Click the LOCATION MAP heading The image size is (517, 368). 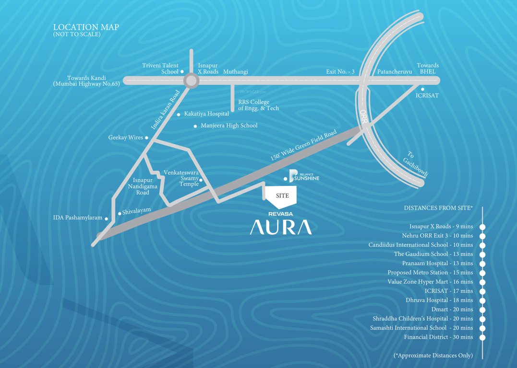coord(86,28)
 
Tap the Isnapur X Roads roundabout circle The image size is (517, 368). coord(191,80)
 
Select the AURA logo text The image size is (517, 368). coord(280,227)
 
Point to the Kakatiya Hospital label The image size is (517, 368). coord(206,114)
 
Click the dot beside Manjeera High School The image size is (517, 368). coord(195,126)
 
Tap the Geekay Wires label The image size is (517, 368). coord(126,138)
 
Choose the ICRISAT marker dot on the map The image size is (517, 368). coord(422,89)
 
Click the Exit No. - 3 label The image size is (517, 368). coord(340,72)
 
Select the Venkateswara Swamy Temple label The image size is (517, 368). coord(181,178)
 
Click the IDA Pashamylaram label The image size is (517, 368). coord(77,218)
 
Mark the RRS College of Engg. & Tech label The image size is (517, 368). coord(258,105)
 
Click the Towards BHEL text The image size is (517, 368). coord(427,69)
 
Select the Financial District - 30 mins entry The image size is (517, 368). coord(438,337)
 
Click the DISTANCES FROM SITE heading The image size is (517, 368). coord(438,208)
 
